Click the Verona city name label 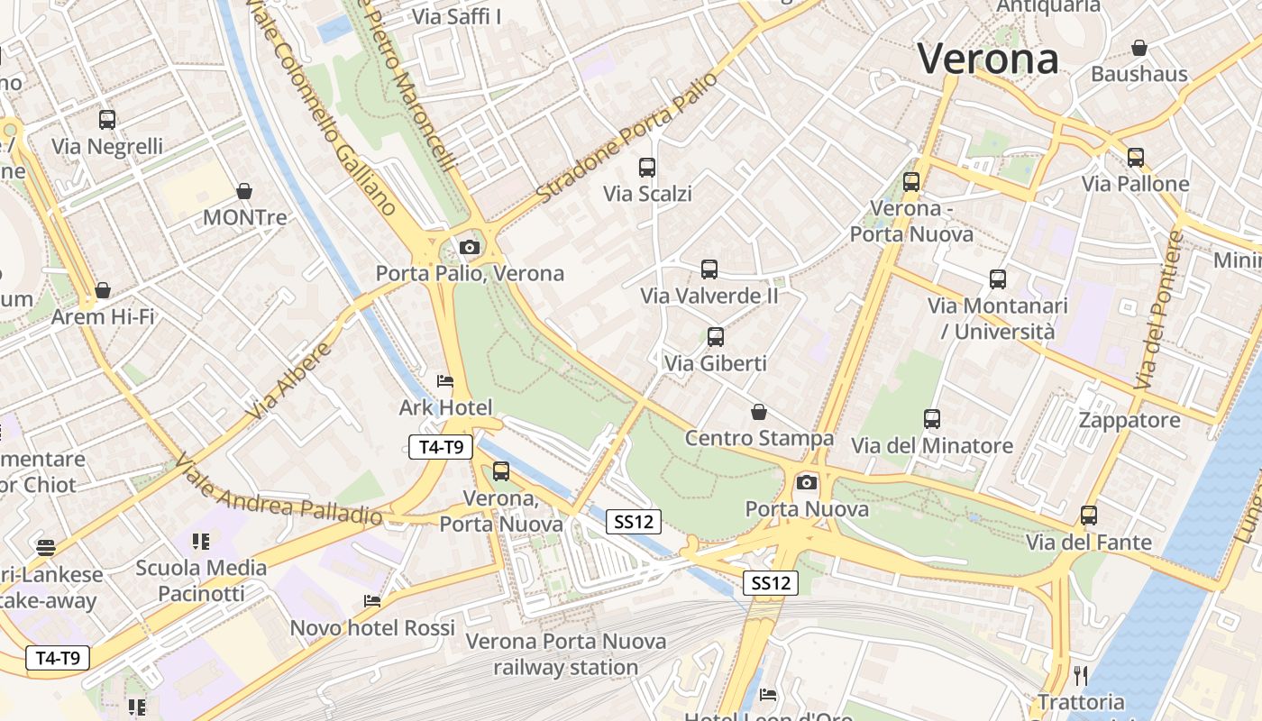[988, 59]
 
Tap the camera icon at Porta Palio [469, 247]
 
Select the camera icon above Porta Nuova [807, 483]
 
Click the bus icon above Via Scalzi [647, 167]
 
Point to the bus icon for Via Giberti [716, 337]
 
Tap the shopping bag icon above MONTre [243, 191]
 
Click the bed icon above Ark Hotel [445, 381]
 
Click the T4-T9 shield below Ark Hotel [441, 447]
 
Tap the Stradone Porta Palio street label [627, 137]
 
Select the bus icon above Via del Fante [1089, 516]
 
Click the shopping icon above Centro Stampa [759, 412]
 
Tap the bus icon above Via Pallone [1136, 158]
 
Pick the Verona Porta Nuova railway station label [566, 654]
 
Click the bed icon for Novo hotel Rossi [372, 601]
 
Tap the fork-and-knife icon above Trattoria [1081, 675]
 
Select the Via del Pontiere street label [1158, 311]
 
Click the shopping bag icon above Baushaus [1139, 48]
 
